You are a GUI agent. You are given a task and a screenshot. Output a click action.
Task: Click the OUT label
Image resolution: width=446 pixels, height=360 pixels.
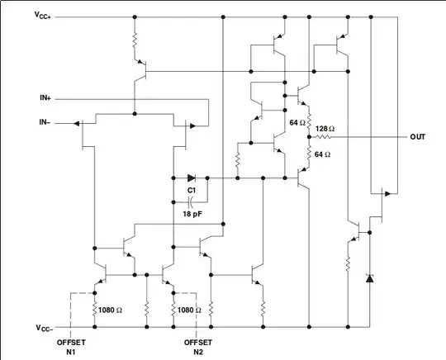click(418, 137)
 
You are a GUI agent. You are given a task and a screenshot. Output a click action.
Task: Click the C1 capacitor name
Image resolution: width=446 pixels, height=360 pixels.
click(192, 190)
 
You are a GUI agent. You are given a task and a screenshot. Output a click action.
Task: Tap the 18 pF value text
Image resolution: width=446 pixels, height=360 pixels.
click(192, 214)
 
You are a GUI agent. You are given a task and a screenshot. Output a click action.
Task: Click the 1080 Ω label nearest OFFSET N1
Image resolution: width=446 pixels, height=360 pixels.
click(111, 310)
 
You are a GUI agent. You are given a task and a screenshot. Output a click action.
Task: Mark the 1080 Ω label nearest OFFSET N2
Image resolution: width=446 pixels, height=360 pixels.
click(187, 310)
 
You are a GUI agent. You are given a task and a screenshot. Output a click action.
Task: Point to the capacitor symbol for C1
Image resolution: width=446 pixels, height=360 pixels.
click(192, 201)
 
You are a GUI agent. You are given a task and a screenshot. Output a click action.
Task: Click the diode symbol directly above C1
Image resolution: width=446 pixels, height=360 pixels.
click(192, 177)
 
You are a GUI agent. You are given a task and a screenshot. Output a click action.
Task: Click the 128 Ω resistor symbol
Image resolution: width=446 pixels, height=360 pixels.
click(326, 137)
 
